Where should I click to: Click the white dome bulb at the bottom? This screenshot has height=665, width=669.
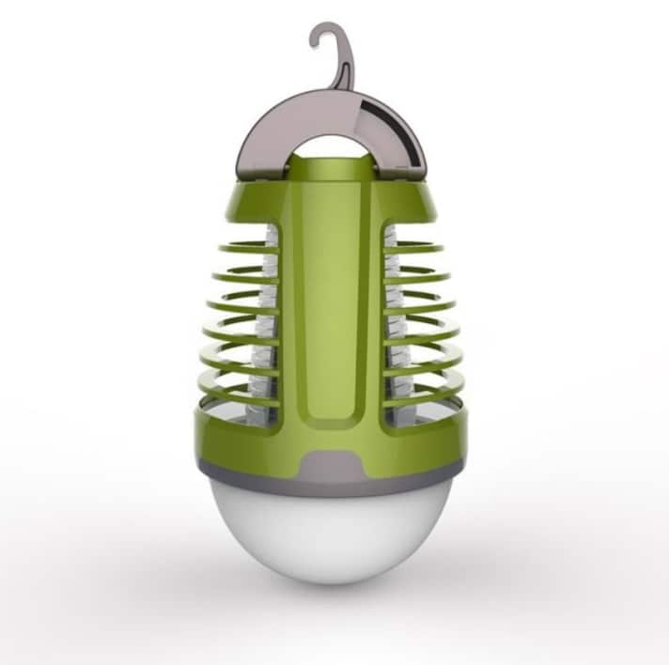click(334, 535)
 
